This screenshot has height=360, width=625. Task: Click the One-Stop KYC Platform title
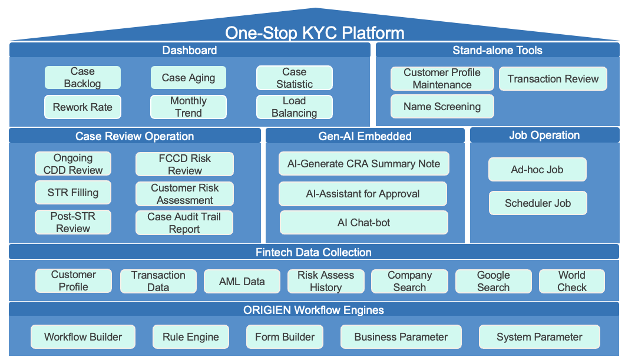click(315, 32)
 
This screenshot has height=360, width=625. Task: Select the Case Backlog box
click(82, 78)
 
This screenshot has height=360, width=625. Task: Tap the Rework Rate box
click(82, 107)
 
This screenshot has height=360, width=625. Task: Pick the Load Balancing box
click(294, 107)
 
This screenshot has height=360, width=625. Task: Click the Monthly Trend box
click(189, 107)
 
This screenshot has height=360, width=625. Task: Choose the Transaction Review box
click(553, 79)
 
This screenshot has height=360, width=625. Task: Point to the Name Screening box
click(442, 107)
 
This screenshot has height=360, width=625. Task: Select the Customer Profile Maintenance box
click(442, 78)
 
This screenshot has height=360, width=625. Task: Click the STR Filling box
click(73, 193)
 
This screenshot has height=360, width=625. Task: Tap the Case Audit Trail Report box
click(184, 223)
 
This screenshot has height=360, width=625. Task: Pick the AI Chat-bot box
click(363, 223)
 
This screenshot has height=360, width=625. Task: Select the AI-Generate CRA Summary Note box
click(363, 164)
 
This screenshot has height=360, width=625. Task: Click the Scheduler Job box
click(537, 203)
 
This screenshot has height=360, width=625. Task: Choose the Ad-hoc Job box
click(537, 170)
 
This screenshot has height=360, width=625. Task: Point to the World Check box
click(572, 281)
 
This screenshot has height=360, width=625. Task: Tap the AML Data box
click(242, 281)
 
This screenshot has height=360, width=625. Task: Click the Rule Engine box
click(190, 337)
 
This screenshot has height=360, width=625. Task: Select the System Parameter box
click(539, 337)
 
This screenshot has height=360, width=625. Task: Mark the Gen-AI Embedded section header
click(365, 136)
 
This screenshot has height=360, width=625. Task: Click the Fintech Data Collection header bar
click(313, 252)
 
